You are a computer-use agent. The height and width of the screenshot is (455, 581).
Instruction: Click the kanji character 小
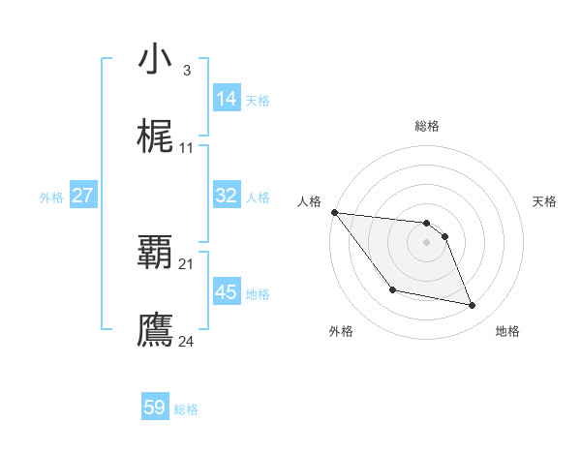coord(155,59)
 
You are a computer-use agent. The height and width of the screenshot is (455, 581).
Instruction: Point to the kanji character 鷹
coord(155,329)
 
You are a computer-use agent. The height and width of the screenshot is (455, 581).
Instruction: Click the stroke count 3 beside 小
coord(186,71)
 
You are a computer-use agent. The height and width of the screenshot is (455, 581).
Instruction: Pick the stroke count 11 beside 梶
coord(187,148)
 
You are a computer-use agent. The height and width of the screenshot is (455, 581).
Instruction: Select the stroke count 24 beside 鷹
coord(187,341)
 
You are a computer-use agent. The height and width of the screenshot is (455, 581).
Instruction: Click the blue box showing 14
coord(227,98)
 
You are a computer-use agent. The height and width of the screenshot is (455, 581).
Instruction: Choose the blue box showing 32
coord(227,196)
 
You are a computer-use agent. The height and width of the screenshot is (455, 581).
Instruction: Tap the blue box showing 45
coord(227,291)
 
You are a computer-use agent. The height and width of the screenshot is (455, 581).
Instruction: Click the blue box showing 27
coord(82,196)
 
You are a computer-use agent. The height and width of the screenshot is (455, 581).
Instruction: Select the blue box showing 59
coord(155,408)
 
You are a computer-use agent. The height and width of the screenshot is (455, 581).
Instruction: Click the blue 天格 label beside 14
coord(258,100)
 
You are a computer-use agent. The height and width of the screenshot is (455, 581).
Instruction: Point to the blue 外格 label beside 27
coord(51,197)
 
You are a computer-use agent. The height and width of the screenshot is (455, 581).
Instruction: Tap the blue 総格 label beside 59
coord(186,409)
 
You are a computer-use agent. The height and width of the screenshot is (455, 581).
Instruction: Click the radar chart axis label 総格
coord(427,126)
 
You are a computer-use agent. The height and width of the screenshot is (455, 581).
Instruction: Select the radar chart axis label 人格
coord(309,201)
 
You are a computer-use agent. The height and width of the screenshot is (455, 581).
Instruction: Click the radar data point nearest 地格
coord(473,306)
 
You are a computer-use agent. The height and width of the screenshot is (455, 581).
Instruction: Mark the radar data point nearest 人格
coord(334,212)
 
